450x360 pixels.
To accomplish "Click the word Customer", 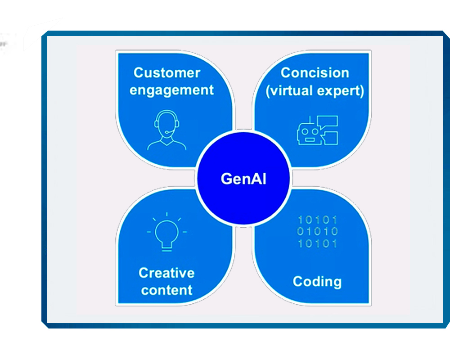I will [167, 72].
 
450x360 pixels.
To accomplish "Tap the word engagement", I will [171, 90].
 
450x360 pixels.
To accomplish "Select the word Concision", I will [315, 72].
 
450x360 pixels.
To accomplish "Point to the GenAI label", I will [243, 179].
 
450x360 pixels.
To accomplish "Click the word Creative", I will [166, 273].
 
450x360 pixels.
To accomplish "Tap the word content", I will [167, 290].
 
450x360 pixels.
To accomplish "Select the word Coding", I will [317, 282].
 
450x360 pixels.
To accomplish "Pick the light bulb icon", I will [166, 232].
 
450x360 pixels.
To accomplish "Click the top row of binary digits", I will [318, 220].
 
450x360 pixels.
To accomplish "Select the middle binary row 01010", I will [318, 232].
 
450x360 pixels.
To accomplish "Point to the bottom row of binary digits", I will [318, 243].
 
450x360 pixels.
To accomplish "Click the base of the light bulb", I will [166, 245].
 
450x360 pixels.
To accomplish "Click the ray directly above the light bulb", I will [166, 215].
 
